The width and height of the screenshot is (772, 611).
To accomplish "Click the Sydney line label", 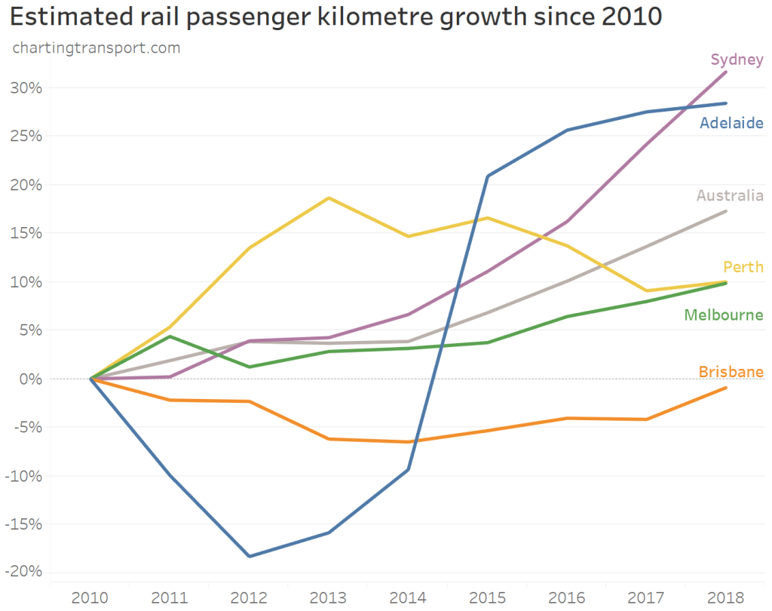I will point(737,60).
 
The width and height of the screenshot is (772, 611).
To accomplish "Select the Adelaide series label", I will point(731,123).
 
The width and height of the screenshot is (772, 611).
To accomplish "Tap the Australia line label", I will point(730,196).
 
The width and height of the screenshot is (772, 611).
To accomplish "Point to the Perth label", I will point(743,267).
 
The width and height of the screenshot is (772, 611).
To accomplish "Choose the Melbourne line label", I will point(724,315).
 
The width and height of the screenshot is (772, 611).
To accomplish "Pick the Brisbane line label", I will point(731,372).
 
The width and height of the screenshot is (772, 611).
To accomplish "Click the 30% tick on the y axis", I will point(26,88).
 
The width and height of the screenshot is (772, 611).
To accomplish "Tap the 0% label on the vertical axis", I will point(30,379).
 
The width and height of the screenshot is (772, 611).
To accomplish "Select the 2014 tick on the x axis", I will point(408,598).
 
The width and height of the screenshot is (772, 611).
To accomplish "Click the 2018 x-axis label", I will point(725,598).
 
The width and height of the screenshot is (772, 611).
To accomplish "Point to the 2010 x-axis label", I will point(90,598).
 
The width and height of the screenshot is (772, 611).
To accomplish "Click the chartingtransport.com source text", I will point(96,48).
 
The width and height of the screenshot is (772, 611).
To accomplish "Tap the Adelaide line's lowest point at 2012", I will point(250,557).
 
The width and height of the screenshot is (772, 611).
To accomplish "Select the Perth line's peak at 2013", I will point(329,198).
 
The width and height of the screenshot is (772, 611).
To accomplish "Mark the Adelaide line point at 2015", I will point(488,176).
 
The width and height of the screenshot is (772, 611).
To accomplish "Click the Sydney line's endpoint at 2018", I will point(725,72).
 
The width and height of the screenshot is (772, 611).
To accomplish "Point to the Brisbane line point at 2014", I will point(408,442).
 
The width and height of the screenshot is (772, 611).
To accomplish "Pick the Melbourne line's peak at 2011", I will point(170,336).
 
